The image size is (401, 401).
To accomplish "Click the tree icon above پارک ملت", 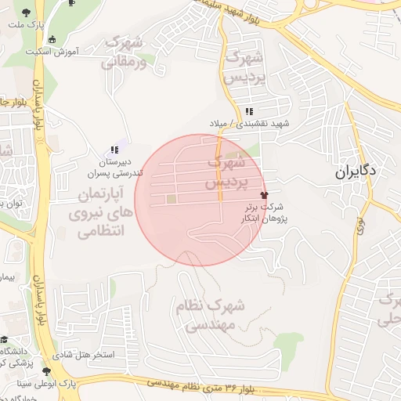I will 27,13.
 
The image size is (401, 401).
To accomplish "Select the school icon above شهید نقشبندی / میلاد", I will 249,111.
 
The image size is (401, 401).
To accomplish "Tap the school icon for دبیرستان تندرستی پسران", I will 115,150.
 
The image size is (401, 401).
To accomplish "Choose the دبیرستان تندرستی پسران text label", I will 115,166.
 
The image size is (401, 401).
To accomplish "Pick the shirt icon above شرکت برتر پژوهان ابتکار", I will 262,193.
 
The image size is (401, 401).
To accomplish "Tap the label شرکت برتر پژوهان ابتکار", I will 262,213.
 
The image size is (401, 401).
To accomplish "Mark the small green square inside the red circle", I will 172,200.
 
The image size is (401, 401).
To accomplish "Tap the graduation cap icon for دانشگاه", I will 5,341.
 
